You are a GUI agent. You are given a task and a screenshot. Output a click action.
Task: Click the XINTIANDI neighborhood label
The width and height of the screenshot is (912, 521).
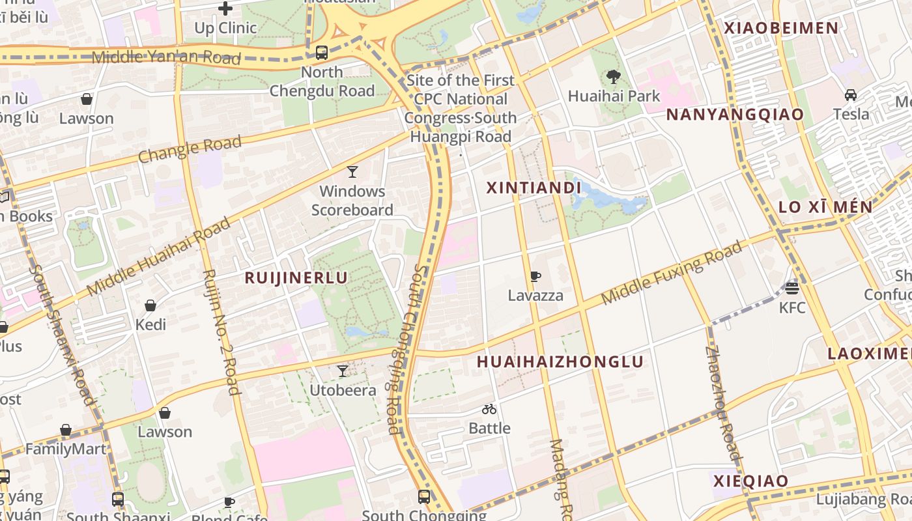[534, 188]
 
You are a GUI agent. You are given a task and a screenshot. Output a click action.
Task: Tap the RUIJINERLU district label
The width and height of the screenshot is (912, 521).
[296, 278]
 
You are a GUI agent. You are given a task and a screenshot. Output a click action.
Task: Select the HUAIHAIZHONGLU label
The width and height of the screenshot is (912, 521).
[560, 362]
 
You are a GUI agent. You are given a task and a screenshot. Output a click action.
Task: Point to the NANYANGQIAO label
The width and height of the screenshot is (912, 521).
[734, 115]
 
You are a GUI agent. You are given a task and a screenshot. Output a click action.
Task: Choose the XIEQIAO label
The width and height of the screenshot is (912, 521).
[750, 481]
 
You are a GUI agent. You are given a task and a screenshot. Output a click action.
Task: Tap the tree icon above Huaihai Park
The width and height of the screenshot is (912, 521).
[613, 77]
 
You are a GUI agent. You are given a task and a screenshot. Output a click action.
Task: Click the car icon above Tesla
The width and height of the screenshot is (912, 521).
[850, 95]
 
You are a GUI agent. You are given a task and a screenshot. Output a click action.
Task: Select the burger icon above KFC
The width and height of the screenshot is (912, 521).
[792, 288]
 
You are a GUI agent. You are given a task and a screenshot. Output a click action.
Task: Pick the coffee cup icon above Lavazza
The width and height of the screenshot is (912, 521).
[535, 276]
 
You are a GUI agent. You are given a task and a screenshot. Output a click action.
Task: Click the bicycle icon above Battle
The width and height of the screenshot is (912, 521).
[489, 409]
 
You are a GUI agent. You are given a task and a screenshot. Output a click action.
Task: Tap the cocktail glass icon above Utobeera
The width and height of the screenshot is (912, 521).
[342, 371]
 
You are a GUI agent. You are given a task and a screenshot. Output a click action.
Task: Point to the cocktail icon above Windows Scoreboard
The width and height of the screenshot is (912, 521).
[352, 172]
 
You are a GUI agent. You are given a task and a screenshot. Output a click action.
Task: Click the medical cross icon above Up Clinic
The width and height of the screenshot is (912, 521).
[225, 8]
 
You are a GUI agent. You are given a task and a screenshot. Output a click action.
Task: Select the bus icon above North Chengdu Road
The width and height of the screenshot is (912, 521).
[321, 53]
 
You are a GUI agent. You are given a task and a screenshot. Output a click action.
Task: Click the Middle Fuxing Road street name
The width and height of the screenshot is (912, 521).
[672, 272]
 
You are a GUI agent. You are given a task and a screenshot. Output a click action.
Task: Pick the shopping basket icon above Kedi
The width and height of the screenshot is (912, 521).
[150, 305]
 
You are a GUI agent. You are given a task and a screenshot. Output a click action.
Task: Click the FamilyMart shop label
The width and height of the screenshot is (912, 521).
[65, 449]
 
